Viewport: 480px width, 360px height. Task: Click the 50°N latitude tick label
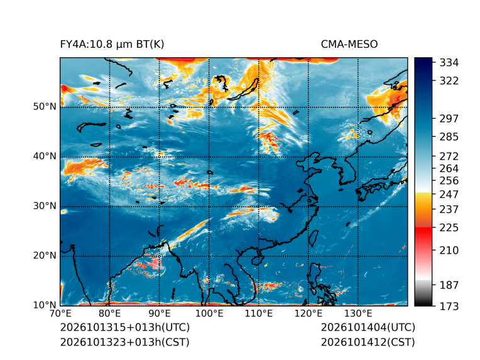pyautogui.click(x=45, y=107)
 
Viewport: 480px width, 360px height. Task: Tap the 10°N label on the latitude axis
pyautogui.click(x=45, y=305)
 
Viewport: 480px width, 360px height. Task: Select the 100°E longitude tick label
pyautogui.click(x=209, y=314)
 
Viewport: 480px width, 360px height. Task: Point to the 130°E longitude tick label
pyautogui.click(x=358, y=314)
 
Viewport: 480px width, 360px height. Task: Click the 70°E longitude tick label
pyautogui.click(x=60, y=314)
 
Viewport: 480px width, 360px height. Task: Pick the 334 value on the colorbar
pyautogui.click(x=449, y=63)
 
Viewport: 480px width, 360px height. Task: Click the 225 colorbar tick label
pyautogui.click(x=449, y=228)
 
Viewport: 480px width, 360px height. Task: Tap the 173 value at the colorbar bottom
pyautogui.click(x=449, y=306)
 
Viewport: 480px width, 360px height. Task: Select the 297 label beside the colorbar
pyautogui.click(x=449, y=119)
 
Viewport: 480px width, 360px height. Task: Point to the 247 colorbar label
pyautogui.click(x=449, y=194)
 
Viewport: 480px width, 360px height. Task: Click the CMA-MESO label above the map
pyautogui.click(x=349, y=45)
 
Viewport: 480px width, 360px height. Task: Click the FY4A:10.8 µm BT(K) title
pyautogui.click(x=112, y=45)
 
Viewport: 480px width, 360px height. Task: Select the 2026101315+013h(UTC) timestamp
pyautogui.click(x=125, y=327)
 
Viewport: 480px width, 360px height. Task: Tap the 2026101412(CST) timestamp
pyautogui.click(x=368, y=342)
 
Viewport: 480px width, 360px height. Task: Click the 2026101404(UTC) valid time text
pyautogui.click(x=368, y=327)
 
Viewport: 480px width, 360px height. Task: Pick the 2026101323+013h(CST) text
pyautogui.click(x=125, y=342)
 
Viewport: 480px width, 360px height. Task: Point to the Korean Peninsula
pyautogui.click(x=351, y=172)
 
